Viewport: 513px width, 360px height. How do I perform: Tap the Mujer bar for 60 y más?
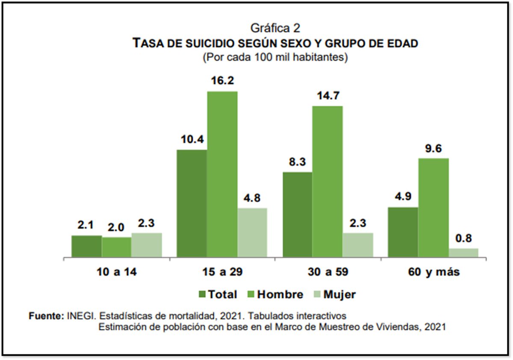[463, 253]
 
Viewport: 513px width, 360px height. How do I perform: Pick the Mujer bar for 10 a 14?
[147, 245]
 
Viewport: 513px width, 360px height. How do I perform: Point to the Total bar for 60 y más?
[403, 232]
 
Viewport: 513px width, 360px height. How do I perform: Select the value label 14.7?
[327, 96]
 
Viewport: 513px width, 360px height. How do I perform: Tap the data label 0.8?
[463, 239]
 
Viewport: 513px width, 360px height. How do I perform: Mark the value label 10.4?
[192, 140]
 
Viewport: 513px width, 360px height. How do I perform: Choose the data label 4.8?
[252, 198]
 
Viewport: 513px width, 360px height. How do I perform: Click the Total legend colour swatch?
[202, 294]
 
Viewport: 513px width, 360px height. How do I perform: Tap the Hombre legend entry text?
[280, 294]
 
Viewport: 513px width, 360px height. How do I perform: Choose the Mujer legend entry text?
[339, 294]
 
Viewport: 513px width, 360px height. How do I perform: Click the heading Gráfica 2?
[275, 29]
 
